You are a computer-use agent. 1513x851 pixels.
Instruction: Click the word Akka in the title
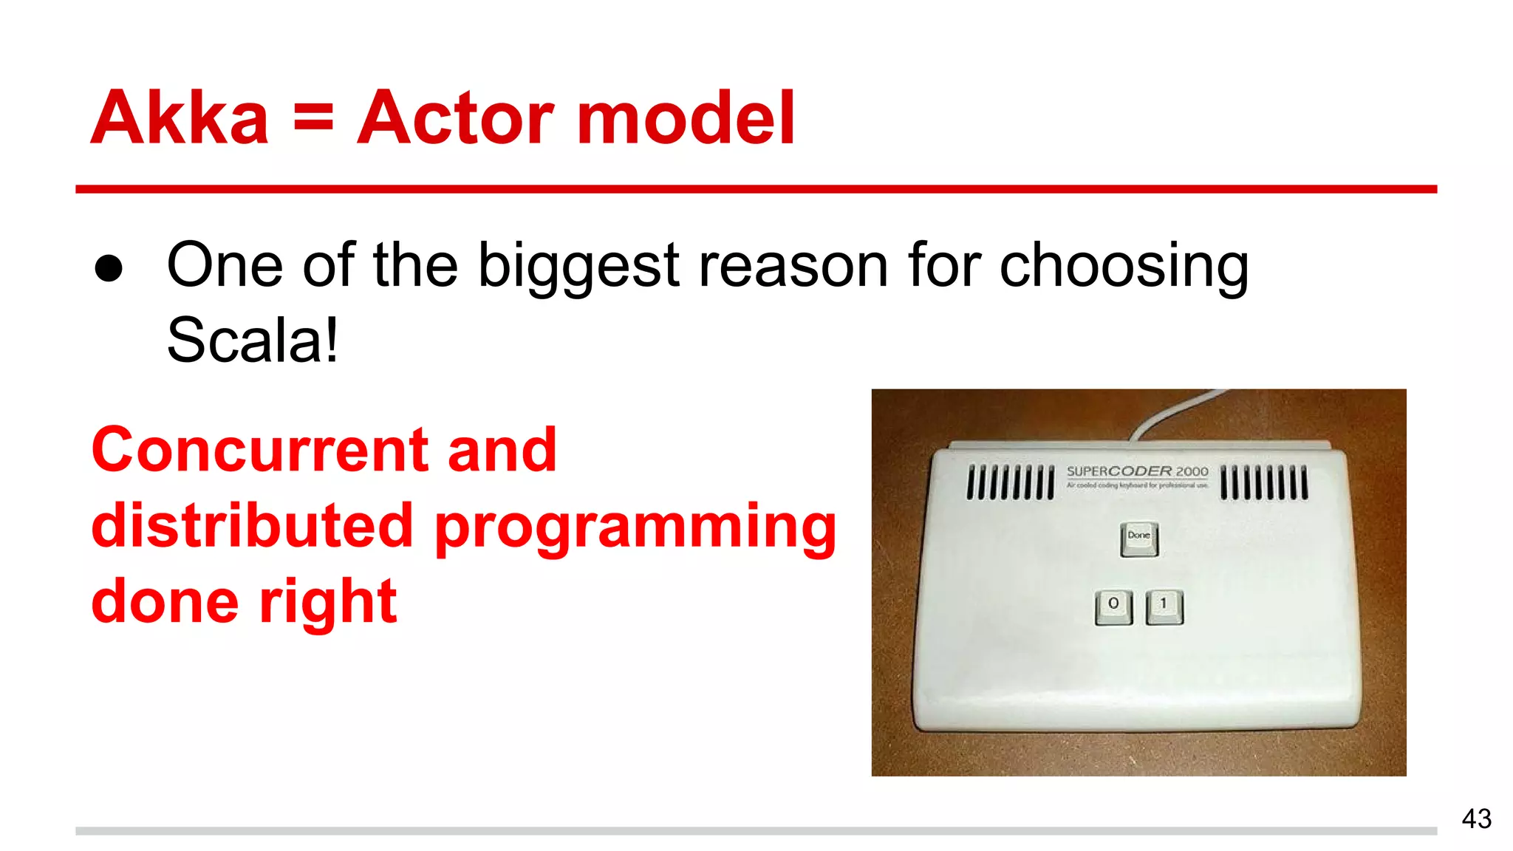tap(180, 118)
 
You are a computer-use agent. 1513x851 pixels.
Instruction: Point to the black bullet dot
tap(109, 269)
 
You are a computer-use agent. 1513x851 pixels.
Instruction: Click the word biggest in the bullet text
tap(578, 266)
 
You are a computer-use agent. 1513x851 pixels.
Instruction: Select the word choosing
tap(1124, 266)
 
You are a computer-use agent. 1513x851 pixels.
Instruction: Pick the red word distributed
tap(252, 525)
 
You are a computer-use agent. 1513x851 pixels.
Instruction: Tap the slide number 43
tap(1476, 818)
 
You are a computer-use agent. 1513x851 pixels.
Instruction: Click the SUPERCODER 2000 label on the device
tap(1137, 471)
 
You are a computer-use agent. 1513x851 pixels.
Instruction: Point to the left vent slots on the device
tap(1010, 482)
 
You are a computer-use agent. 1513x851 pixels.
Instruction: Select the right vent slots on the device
tap(1263, 482)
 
